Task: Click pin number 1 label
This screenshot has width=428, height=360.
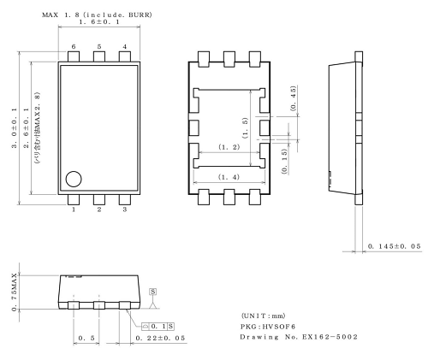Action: coord(74,209)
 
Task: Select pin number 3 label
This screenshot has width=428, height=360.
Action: coord(125,209)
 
